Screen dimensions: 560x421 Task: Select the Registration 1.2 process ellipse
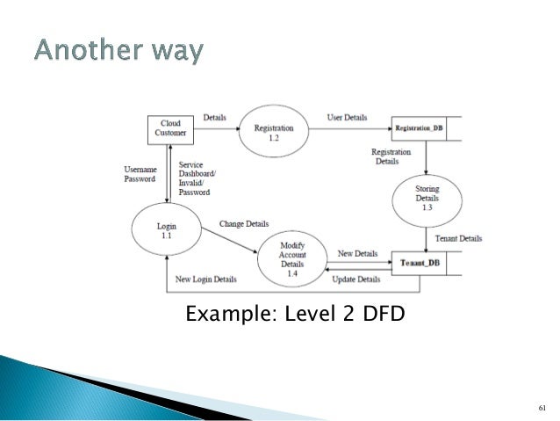(x=274, y=131)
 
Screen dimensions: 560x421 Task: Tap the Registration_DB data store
(x=425, y=128)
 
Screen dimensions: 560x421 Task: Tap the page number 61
(x=541, y=408)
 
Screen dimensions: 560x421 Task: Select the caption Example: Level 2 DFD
(x=294, y=312)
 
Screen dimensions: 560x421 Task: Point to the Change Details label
(x=244, y=224)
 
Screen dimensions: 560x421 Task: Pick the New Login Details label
(x=206, y=279)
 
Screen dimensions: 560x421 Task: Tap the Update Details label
(x=356, y=279)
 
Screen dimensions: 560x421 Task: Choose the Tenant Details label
(x=458, y=238)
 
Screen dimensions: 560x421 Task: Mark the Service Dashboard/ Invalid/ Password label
(x=196, y=178)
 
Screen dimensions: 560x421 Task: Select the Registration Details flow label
(x=391, y=156)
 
